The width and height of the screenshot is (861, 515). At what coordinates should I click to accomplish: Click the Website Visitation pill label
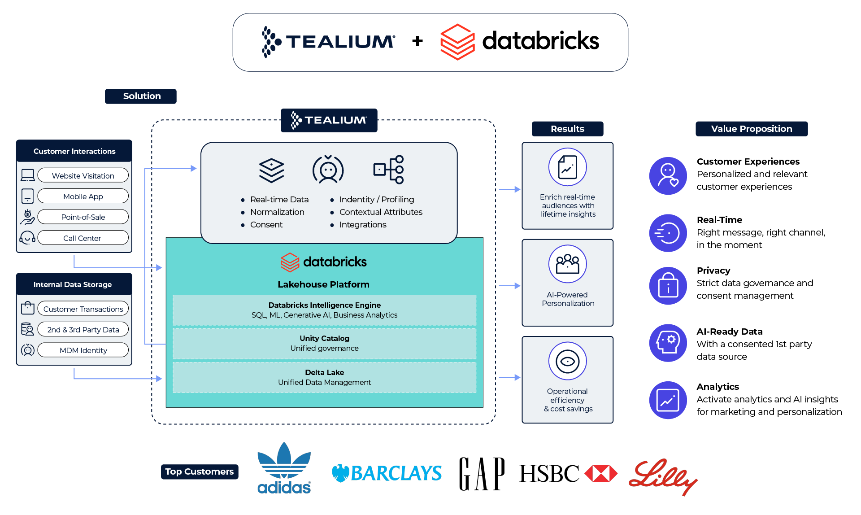click(x=83, y=175)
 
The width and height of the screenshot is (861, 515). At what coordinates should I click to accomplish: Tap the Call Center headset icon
click(x=27, y=237)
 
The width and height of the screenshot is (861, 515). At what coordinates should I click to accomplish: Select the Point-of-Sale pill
click(x=83, y=217)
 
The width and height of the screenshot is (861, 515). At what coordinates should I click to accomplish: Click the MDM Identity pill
click(x=83, y=350)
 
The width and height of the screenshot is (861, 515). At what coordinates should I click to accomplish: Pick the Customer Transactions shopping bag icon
click(x=27, y=308)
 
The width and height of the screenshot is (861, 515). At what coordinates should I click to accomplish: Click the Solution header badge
click(x=141, y=96)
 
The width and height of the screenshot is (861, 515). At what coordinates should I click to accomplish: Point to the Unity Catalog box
click(x=324, y=344)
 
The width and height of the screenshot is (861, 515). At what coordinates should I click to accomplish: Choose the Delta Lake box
click(x=324, y=377)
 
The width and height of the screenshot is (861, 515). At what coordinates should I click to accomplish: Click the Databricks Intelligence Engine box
click(x=324, y=310)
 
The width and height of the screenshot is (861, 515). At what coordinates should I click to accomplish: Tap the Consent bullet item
click(x=266, y=225)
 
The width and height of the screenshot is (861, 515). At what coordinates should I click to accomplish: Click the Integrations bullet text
click(x=363, y=225)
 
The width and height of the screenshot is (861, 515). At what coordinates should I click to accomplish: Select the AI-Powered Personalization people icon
click(x=567, y=264)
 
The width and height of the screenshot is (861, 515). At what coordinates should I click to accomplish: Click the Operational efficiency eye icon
click(x=567, y=361)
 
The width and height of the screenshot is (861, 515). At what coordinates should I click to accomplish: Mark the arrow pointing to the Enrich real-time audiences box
click(x=510, y=189)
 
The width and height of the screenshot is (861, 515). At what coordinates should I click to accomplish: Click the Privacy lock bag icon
click(x=668, y=286)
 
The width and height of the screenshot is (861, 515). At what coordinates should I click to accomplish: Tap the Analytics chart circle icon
click(x=668, y=400)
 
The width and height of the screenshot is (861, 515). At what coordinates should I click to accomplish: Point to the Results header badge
click(x=567, y=129)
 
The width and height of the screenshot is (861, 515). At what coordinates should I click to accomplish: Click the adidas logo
click(x=284, y=468)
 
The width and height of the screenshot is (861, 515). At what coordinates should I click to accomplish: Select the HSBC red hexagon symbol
click(x=601, y=473)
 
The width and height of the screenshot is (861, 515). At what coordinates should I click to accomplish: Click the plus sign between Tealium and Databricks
click(x=417, y=41)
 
